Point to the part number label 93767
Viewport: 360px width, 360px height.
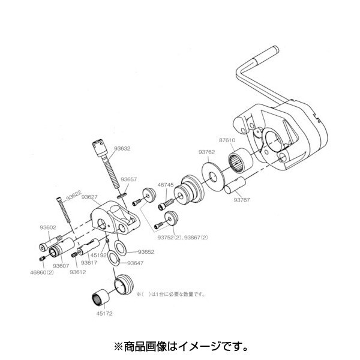point(244,200)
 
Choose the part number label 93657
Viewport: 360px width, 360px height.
point(130,179)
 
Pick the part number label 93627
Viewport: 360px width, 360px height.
point(90,197)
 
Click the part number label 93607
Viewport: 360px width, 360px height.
point(62,266)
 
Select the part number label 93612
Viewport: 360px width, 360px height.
point(77,272)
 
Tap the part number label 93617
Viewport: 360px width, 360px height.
point(89,262)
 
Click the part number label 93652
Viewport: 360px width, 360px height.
point(146,252)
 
